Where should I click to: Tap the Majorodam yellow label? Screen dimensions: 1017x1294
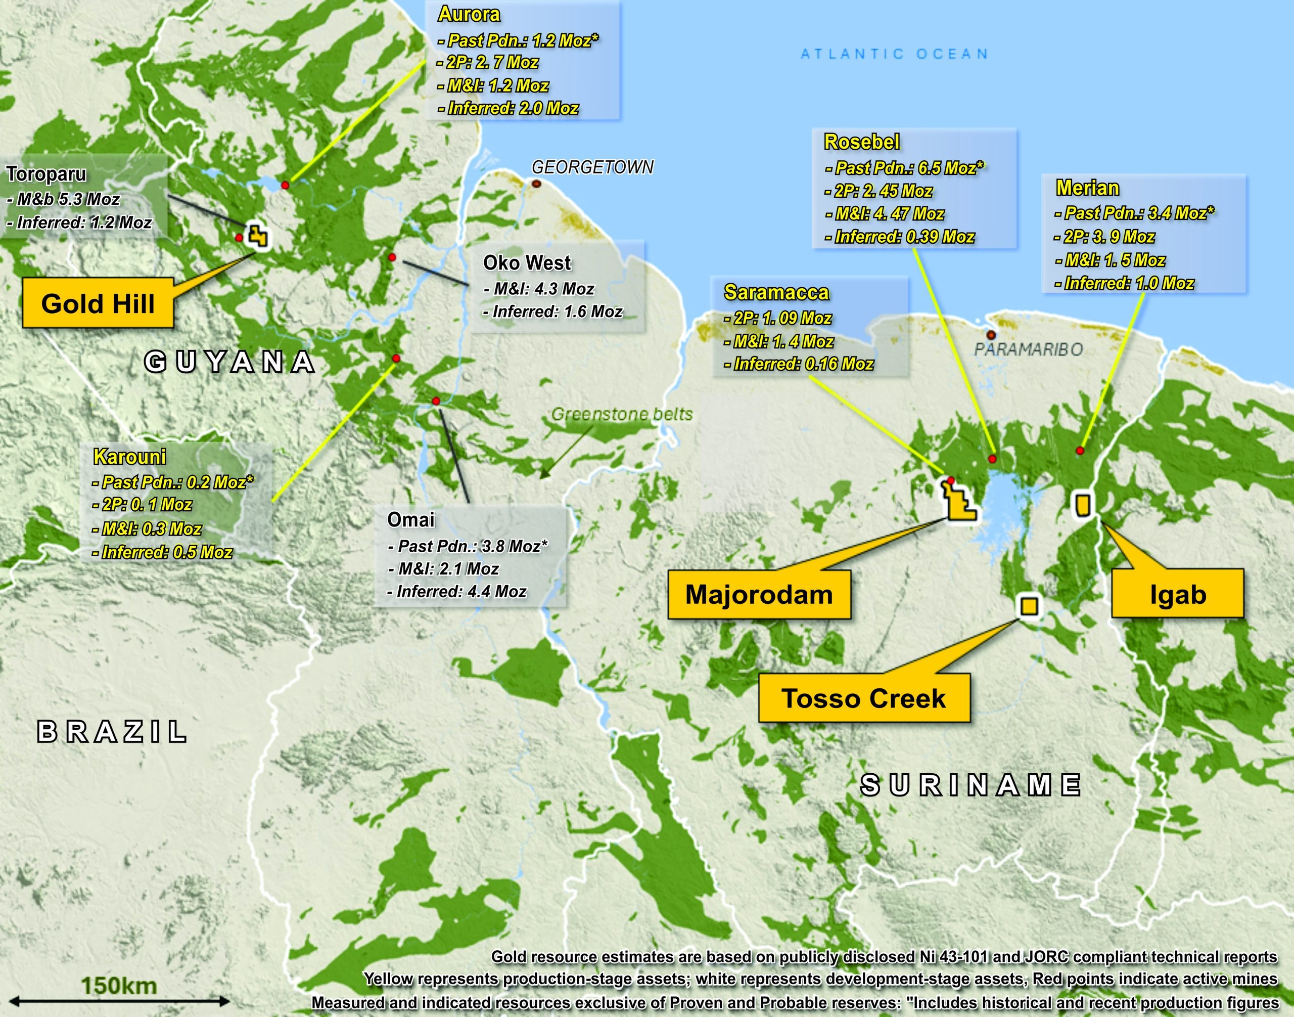tap(759, 595)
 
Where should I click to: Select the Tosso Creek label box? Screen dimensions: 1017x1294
tap(864, 698)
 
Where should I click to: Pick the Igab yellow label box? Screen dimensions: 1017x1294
tap(1178, 594)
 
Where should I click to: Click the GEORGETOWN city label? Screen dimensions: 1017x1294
tap(592, 167)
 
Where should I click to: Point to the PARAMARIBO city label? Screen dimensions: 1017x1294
tap(1028, 349)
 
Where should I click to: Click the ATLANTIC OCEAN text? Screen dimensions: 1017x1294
tap(895, 54)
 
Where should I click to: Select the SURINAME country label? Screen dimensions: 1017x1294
tap(971, 785)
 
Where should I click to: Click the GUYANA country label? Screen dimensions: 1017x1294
tap(230, 362)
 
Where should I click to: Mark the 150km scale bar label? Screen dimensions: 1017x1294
tap(119, 986)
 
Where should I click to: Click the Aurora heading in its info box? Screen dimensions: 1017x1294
tap(469, 14)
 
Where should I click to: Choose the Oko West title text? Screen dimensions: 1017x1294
tap(527, 262)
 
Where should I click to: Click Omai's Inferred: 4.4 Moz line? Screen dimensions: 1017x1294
tap(457, 591)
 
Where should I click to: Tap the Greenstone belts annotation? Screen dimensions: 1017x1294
tap(622, 414)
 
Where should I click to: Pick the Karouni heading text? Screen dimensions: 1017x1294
tap(130, 457)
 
